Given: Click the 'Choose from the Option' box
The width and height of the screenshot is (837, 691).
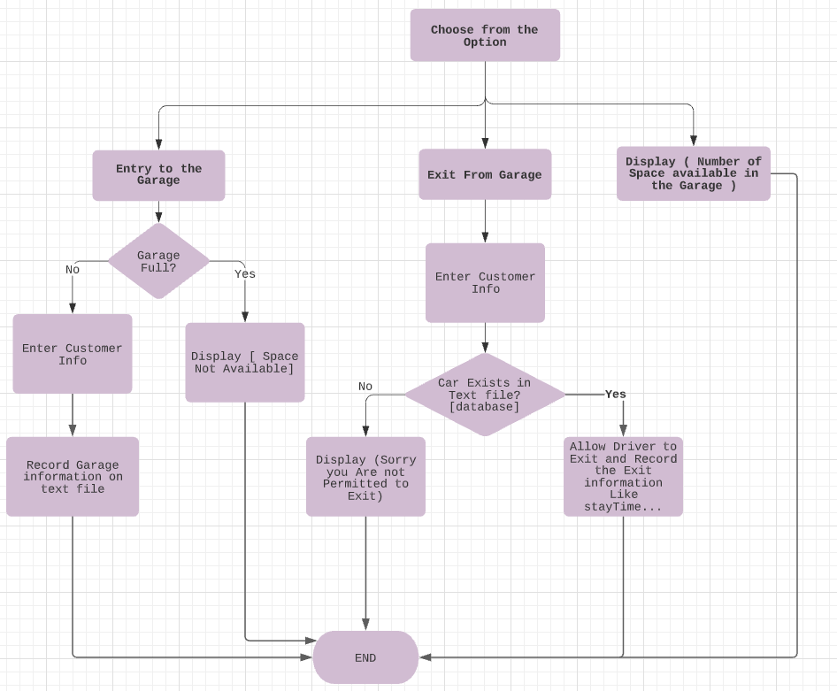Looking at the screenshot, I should pos(485,35).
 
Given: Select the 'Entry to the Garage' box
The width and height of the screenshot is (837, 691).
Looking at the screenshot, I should pos(158,175).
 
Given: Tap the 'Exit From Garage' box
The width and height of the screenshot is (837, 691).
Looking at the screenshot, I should pos(485,174).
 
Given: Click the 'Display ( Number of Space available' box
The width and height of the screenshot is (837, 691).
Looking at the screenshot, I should pos(693,173).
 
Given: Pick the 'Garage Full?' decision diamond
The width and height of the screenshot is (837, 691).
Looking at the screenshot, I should pos(158,261).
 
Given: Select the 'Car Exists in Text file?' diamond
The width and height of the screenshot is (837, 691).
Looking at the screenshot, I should pos(485,395).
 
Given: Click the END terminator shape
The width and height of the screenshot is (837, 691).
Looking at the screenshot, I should pos(365,657).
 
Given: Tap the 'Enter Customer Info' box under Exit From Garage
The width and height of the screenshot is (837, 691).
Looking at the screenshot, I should pos(485,283).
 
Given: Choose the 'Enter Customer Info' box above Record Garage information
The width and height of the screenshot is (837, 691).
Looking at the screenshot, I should pos(73,354).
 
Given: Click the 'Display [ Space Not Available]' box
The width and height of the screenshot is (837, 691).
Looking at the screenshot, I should pos(245,363).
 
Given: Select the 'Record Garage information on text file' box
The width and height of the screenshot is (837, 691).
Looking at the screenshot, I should pos(73,477).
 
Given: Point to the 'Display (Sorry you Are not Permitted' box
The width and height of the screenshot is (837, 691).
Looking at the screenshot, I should pos(365,477).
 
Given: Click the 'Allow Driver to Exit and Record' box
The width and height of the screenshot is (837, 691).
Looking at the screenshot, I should pos(623,477).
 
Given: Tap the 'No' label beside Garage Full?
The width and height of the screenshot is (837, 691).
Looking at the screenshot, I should pos(73,270).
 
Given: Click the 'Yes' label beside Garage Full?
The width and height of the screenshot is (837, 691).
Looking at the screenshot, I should pos(245,274).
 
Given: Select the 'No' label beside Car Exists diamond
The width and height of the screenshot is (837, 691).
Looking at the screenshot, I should pos(365,387).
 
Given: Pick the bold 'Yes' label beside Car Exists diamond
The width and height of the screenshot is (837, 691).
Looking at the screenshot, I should pos(616,395).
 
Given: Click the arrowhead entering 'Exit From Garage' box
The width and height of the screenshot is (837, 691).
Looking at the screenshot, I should pos(485,143).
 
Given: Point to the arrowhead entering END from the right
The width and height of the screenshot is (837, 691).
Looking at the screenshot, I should pos(426,657).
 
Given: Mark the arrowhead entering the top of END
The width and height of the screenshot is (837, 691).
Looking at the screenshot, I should pos(365,625).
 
